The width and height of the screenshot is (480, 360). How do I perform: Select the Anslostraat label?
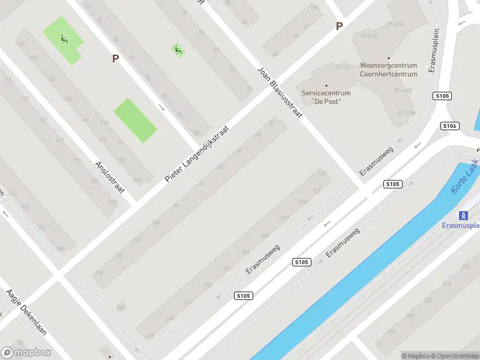point(110,176)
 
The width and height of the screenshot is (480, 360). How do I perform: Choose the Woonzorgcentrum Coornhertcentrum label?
point(388,70)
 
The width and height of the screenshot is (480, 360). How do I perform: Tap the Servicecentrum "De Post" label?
point(326,97)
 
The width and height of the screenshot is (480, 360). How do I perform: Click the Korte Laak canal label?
point(464,176)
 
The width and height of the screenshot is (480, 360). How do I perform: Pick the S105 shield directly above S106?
point(442,96)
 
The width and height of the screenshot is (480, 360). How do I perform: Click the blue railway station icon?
point(463,215)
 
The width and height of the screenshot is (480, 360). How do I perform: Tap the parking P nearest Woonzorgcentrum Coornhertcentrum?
point(339,26)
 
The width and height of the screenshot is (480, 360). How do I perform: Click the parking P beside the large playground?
point(115,58)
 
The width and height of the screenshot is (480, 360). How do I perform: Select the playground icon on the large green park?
point(64,40)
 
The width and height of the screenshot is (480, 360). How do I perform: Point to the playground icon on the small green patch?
point(178,50)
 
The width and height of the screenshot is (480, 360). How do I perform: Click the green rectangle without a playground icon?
point(136,121)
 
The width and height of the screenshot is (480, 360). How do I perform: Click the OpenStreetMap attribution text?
point(455,356)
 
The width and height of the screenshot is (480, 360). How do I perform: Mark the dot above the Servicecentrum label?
point(326,85)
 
